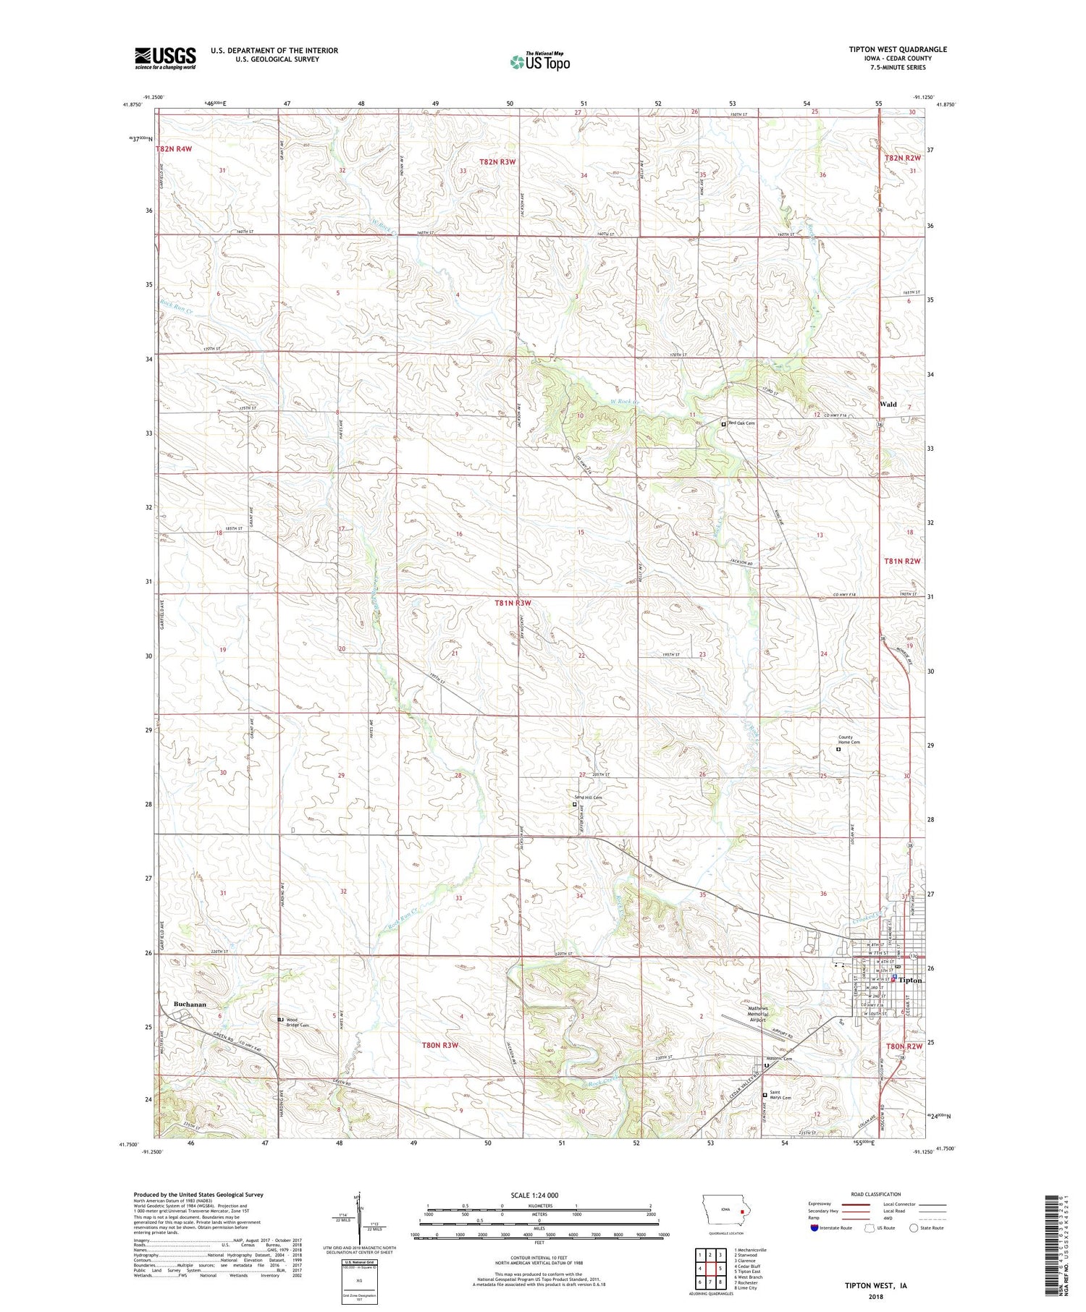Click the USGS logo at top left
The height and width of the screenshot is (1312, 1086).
point(165,58)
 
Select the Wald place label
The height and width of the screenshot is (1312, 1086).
point(887,404)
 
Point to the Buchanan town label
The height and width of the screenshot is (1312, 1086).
point(190,1004)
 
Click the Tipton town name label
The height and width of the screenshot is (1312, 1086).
point(910,980)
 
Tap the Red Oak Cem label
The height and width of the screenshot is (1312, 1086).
point(741,423)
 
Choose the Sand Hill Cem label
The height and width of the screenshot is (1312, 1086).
point(588,797)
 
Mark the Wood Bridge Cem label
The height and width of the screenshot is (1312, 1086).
point(297,1022)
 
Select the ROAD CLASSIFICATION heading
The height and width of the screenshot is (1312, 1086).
point(876,1194)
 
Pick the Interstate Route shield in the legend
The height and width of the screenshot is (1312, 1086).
point(815,1228)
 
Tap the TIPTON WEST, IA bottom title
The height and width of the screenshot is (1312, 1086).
point(876,1286)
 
